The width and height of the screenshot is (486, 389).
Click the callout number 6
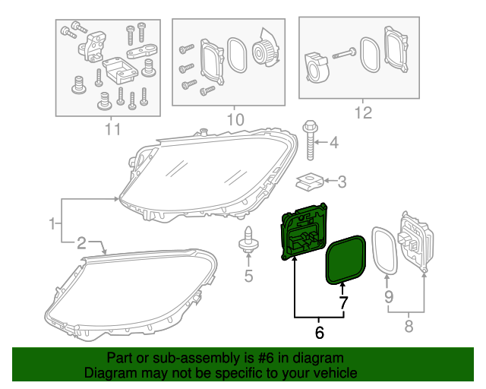pos(319,331)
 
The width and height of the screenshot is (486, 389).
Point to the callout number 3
pos(341,182)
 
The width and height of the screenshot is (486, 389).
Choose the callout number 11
pos(112,128)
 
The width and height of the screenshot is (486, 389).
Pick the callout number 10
pos(235,119)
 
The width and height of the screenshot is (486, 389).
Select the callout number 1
pos(52,223)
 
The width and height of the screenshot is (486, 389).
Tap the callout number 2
pos(80,242)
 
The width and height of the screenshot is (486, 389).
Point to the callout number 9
pos(388,296)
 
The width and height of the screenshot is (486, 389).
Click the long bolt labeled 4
pos(310,141)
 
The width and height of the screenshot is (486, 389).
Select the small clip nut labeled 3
pos(308,182)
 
